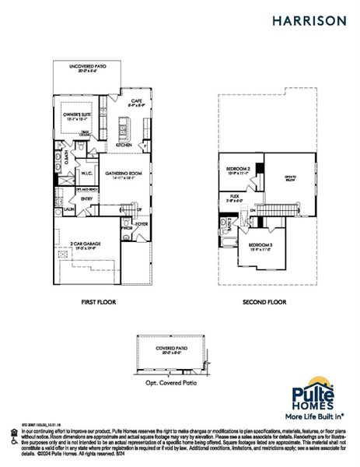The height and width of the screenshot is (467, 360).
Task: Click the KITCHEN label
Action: tap(124, 146)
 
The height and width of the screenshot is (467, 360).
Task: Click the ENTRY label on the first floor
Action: tap(86, 198)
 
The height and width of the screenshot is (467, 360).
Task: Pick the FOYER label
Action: tap(141, 224)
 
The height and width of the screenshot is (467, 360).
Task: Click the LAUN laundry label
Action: tap(68, 209)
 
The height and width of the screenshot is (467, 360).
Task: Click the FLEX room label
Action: tap(234, 196)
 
